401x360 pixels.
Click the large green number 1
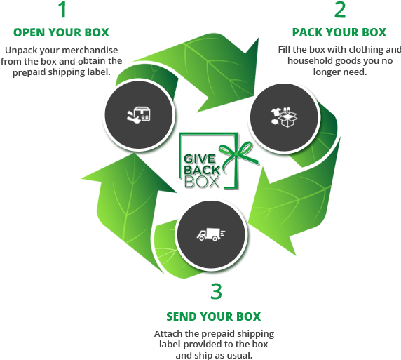(62, 10)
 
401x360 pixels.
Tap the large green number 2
(340, 10)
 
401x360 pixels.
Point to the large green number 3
(216, 291)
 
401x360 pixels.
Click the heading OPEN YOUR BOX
(62, 32)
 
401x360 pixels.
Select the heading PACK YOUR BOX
(339, 32)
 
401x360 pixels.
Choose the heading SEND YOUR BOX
(214, 316)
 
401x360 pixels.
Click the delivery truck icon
(211, 234)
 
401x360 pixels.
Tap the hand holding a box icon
(139, 115)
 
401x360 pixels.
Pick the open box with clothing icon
(284, 117)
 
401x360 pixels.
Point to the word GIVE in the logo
(200, 159)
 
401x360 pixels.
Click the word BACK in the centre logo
(202, 170)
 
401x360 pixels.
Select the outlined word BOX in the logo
(202, 182)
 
